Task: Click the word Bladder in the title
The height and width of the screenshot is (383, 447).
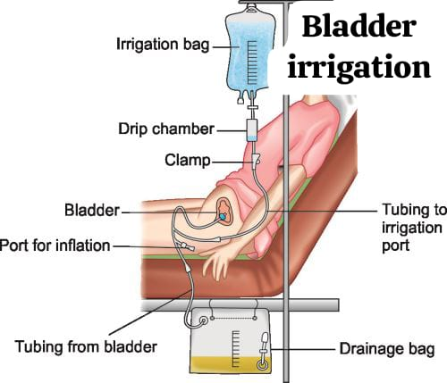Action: click(358, 26)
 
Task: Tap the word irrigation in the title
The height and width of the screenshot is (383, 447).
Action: click(359, 68)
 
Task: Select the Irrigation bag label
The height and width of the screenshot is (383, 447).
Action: click(163, 45)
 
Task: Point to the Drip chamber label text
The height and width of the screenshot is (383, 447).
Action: click(166, 129)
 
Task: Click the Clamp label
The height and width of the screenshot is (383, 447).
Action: click(188, 160)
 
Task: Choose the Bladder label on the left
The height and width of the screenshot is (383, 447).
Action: click(92, 210)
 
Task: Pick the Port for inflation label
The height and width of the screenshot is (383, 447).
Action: click(55, 246)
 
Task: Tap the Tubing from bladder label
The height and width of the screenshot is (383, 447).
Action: click(86, 346)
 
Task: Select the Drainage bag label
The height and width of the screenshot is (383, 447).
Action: click(387, 349)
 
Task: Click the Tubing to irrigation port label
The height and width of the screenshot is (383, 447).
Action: click(414, 228)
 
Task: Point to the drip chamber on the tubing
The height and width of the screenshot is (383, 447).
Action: click(252, 130)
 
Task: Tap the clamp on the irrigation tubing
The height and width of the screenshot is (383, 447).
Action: click(256, 160)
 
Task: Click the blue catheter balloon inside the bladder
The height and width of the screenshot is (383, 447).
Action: click(223, 217)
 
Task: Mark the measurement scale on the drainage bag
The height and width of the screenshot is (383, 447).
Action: click(235, 348)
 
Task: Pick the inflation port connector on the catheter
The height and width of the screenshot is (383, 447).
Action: click(185, 246)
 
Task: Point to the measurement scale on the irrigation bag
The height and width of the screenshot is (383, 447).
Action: click(252, 62)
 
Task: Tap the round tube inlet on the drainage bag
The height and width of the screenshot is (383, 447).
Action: click(204, 321)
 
